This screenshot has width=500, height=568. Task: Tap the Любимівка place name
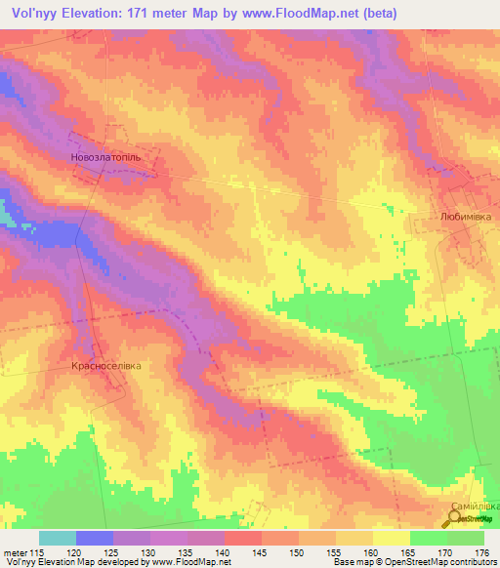pos(465,222)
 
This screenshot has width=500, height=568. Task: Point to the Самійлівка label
pos(474,507)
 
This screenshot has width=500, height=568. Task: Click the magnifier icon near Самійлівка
pos(455,520)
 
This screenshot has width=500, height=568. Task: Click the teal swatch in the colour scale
pos(58,538)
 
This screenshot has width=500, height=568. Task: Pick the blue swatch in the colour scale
pos(95,538)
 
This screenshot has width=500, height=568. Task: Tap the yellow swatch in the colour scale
pos(391,538)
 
